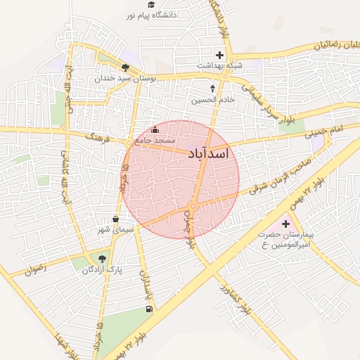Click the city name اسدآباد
(214, 153)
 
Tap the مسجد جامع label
(155, 141)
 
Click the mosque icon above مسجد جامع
(155, 129)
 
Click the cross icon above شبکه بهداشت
(219, 55)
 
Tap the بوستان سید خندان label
(124, 79)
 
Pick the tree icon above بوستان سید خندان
(125, 68)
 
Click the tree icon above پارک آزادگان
(102, 258)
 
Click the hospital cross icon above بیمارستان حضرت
(285, 224)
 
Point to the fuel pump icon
(148, 309)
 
